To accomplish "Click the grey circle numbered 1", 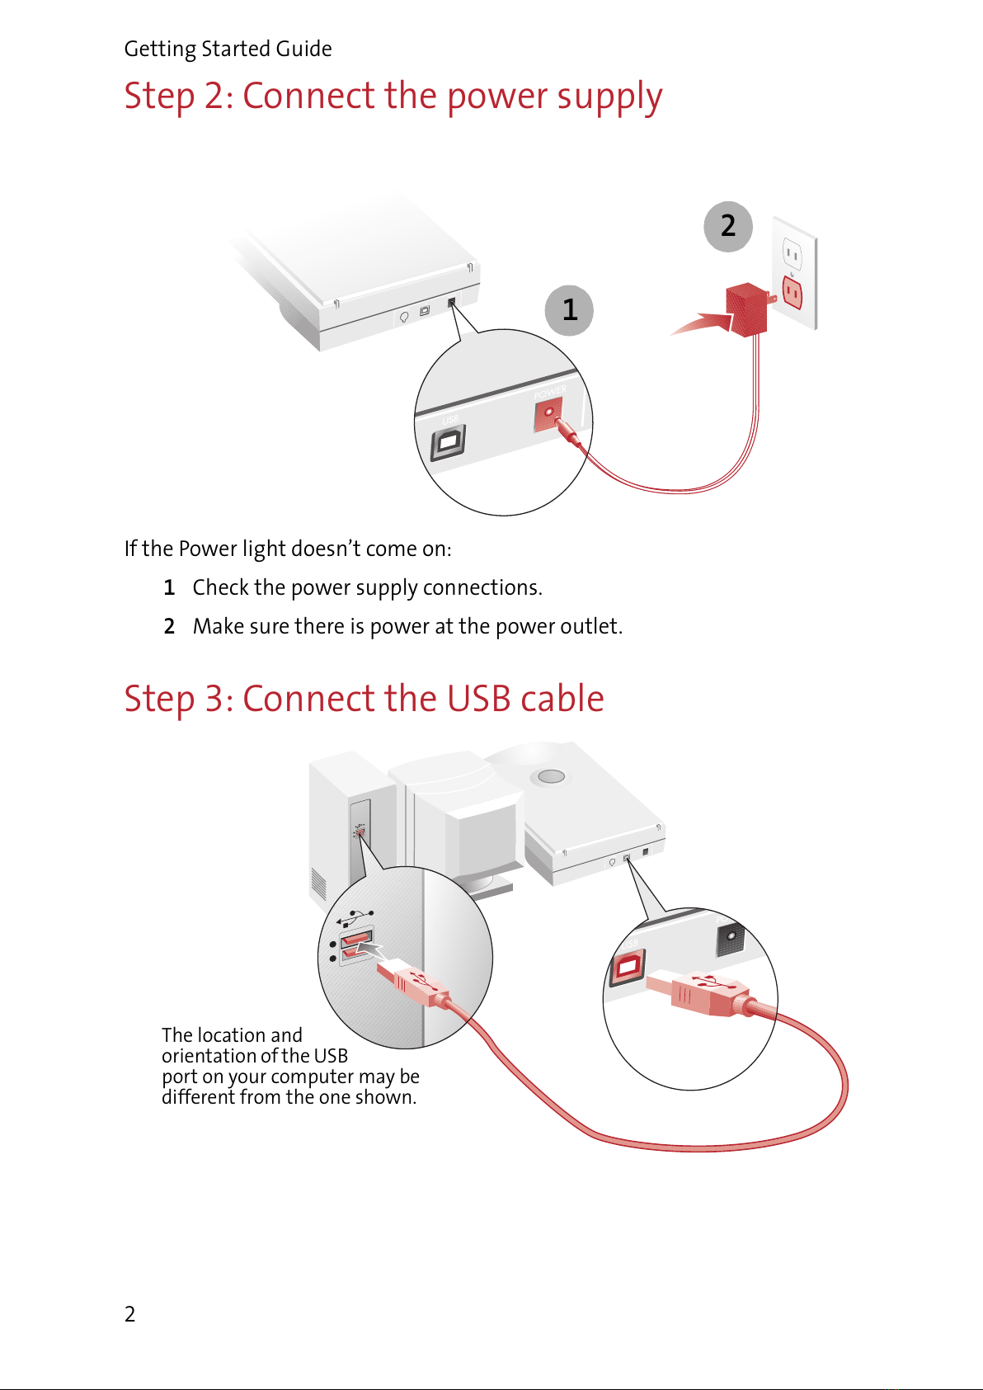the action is (x=569, y=309).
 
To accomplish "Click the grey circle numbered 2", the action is (x=727, y=227).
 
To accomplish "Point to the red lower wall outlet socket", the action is (x=792, y=292).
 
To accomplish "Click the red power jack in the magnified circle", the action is (x=549, y=414).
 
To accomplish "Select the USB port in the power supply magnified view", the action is (x=448, y=443).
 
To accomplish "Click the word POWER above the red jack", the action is (x=550, y=392).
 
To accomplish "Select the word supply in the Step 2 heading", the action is (x=609, y=97).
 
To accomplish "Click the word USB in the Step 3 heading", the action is (x=478, y=699).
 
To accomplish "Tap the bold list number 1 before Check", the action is (x=169, y=587).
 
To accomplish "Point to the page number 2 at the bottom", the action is (x=129, y=1313).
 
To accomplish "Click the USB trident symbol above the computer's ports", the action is (x=354, y=918).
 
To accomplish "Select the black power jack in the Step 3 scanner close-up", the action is (x=729, y=938).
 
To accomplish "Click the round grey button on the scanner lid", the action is (x=551, y=776).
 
